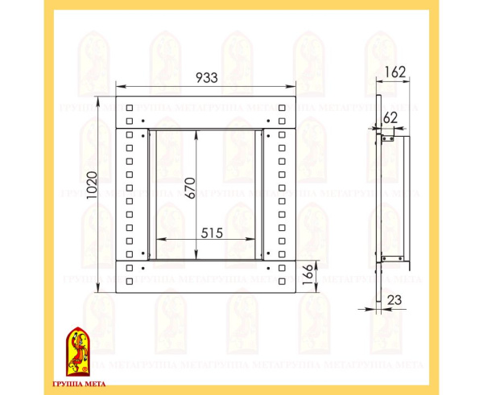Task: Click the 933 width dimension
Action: click(x=207, y=77)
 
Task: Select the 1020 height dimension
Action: click(x=92, y=185)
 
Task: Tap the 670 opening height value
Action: click(x=190, y=188)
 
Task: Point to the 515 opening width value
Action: click(x=212, y=233)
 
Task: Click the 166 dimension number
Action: click(x=308, y=274)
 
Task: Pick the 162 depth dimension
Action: click(x=395, y=72)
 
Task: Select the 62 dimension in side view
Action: click(x=390, y=118)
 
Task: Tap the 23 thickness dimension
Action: click(x=394, y=300)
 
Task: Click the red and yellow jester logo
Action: click(x=78, y=352)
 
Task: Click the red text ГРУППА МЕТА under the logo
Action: click(x=79, y=384)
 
